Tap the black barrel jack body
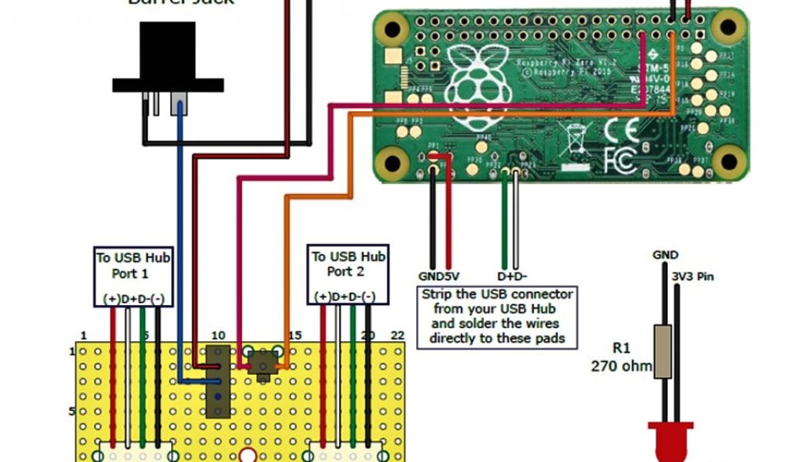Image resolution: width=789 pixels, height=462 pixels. point(167,62)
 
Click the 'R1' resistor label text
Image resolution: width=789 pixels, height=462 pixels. point(623,348)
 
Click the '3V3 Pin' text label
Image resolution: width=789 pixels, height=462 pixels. point(694,275)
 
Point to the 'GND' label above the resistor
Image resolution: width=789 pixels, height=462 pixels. point(665,255)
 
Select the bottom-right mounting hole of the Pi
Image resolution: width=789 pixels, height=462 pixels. point(725,160)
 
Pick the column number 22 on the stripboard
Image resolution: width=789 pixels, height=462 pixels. point(397,335)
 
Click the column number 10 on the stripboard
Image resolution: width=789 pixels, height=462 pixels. point(218,335)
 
